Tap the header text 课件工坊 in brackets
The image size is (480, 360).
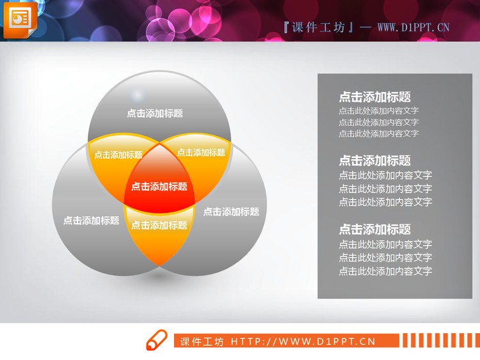(x=317, y=27)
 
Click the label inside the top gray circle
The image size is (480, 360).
(x=155, y=113)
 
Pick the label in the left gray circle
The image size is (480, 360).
(x=91, y=221)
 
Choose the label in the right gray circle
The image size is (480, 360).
(x=231, y=212)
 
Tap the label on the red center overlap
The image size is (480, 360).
(x=159, y=187)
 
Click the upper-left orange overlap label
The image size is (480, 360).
(x=118, y=155)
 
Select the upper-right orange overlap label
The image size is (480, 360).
(x=201, y=153)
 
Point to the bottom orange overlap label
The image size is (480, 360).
(x=159, y=225)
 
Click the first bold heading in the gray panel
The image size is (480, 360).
(x=374, y=97)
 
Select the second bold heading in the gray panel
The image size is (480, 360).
(x=374, y=160)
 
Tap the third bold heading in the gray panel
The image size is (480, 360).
(x=374, y=230)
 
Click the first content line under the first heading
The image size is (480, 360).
(x=378, y=111)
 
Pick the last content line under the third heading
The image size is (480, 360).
(x=385, y=271)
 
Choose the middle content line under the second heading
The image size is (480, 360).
(x=385, y=189)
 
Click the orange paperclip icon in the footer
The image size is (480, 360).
(x=156, y=341)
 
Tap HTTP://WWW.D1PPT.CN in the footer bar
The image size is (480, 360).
(x=303, y=341)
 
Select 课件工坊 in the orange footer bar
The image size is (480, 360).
(x=202, y=341)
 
